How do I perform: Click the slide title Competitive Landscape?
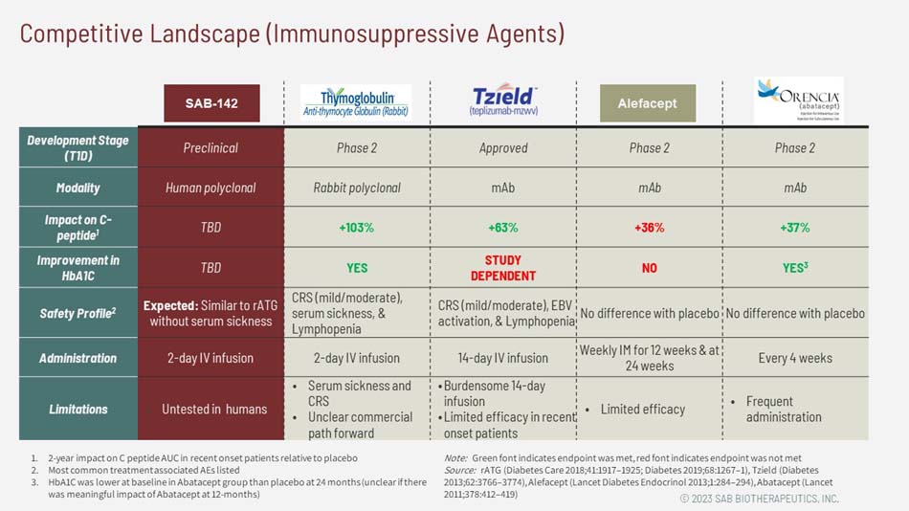[x=292, y=33]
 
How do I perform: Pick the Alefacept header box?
[x=648, y=103]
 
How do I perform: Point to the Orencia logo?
[x=797, y=100]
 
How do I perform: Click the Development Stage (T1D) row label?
[x=78, y=147]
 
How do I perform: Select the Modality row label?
[x=78, y=188]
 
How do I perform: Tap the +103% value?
[x=356, y=228]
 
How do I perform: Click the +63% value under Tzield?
[x=502, y=228]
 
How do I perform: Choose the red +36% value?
[x=649, y=228]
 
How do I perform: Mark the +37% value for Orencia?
[x=794, y=228]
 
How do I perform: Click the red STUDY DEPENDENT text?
[x=503, y=268]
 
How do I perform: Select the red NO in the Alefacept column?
[x=649, y=268]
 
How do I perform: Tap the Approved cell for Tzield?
[x=503, y=148]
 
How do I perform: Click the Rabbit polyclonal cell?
[x=357, y=188]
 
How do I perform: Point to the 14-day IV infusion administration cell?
[x=503, y=358]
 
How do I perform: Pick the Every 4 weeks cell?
[x=794, y=358]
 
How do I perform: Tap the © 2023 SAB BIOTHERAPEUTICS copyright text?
[x=759, y=499]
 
